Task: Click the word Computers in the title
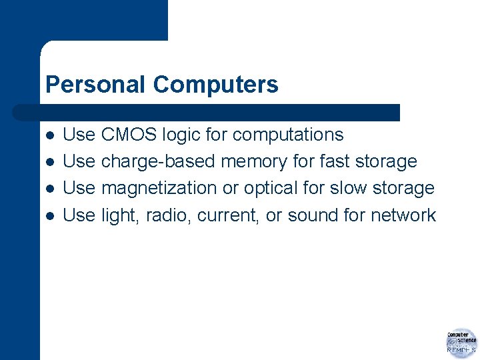tap(215, 85)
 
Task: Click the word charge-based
tap(159, 162)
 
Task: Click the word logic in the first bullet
tap(179, 135)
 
